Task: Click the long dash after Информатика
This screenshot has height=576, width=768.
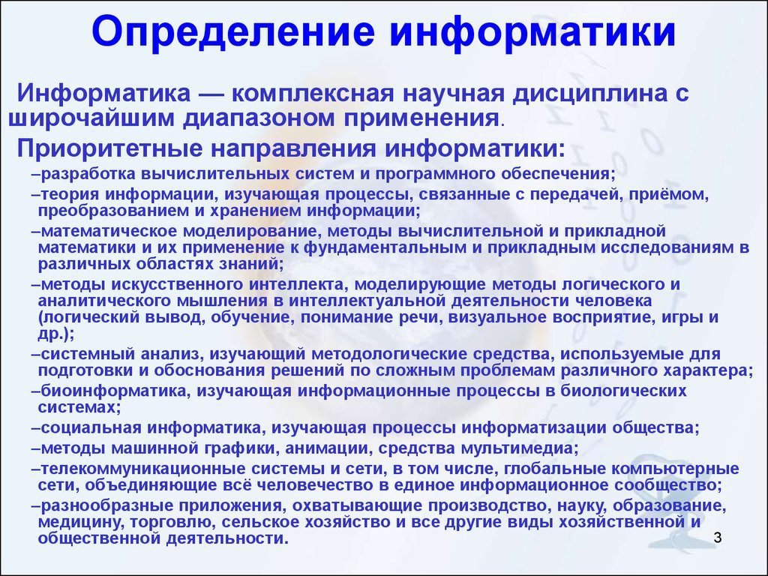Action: point(210,94)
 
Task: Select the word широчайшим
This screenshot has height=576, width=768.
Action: point(91,118)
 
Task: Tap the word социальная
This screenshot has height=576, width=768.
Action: point(91,428)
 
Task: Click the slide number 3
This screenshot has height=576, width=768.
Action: point(718,538)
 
